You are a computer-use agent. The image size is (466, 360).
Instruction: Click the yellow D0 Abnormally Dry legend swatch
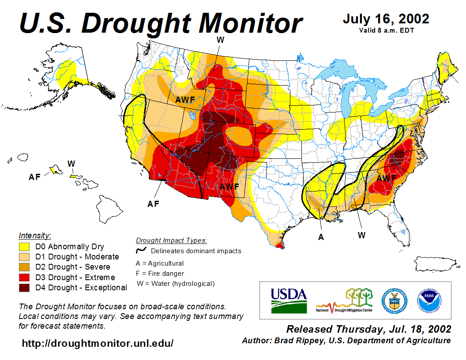[25, 247]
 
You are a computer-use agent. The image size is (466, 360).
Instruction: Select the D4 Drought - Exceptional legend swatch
[25, 288]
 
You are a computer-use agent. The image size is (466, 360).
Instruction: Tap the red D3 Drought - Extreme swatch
[25, 277]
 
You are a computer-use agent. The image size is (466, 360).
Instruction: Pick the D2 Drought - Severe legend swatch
[25, 267]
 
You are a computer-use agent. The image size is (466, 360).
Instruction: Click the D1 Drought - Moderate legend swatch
[25, 257]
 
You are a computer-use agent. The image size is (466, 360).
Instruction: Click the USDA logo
[289, 300]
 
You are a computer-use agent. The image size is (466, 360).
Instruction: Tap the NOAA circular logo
[427, 300]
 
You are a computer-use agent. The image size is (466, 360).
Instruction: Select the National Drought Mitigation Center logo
[345, 300]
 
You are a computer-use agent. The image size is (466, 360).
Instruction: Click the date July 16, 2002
[386, 19]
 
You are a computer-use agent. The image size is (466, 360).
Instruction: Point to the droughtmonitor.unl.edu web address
[98, 343]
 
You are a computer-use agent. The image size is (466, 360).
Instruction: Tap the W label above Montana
[220, 40]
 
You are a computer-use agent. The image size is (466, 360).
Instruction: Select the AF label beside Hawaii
[34, 177]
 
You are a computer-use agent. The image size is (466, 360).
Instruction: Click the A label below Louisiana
[321, 237]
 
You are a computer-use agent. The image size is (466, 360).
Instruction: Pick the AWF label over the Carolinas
[386, 179]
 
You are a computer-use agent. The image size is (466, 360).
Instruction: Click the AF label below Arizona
[153, 204]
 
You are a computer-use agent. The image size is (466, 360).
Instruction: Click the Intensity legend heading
[35, 235]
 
